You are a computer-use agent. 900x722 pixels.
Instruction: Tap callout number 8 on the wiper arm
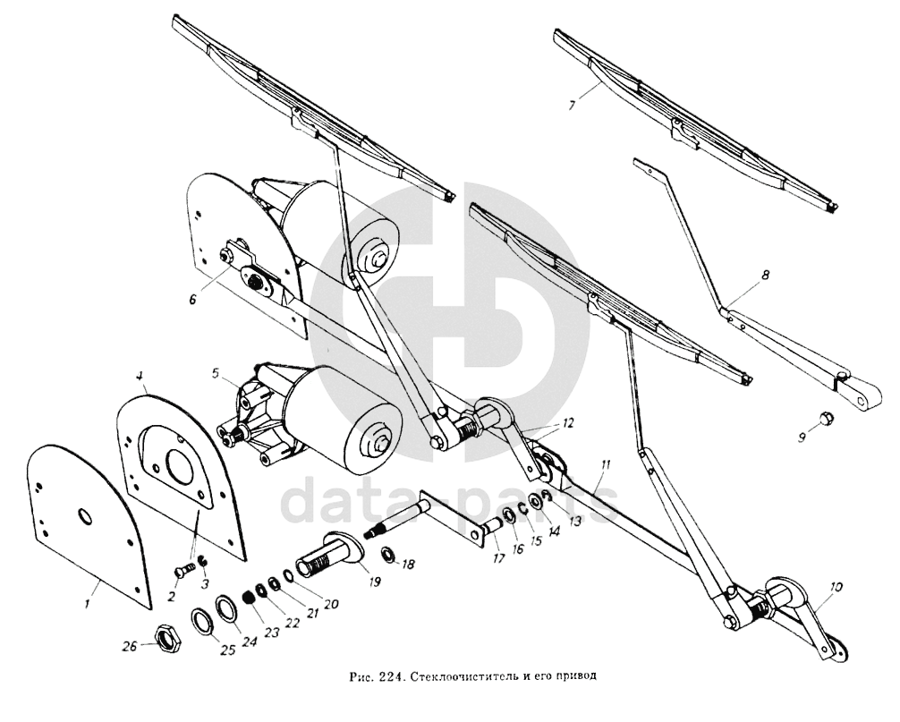pyautogui.click(x=765, y=277)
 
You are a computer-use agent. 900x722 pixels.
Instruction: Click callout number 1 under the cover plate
pyautogui.click(x=87, y=605)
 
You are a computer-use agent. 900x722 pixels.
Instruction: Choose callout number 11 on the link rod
pyautogui.click(x=606, y=465)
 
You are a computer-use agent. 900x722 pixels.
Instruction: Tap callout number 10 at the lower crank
pyautogui.click(x=836, y=588)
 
